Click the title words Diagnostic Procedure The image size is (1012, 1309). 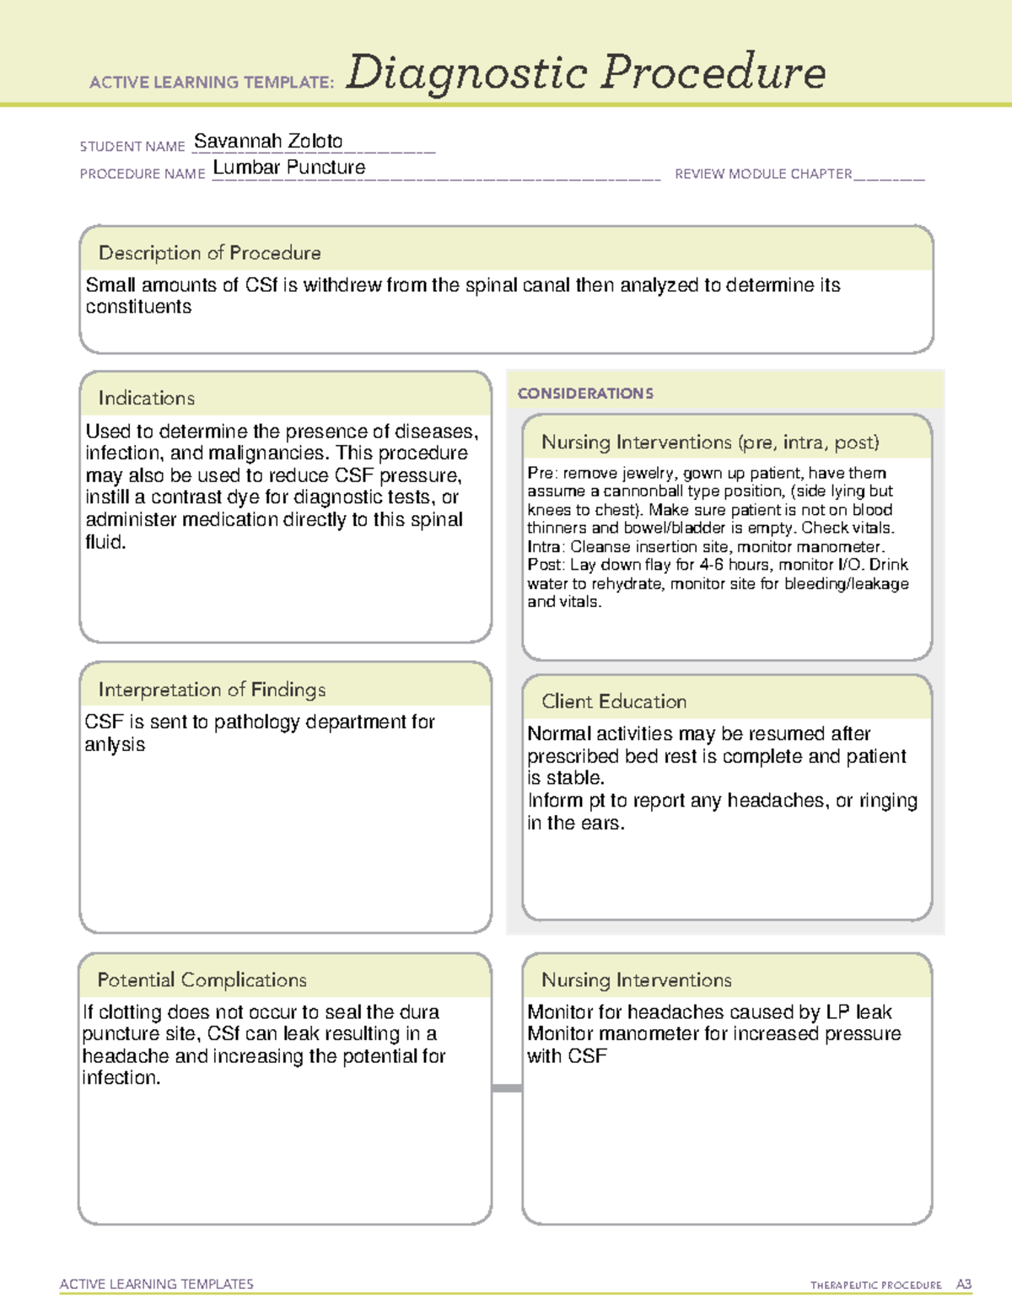click(x=585, y=73)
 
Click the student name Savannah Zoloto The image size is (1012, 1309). click(x=268, y=142)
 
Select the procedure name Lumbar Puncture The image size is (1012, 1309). click(x=288, y=168)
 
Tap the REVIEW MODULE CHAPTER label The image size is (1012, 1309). click(x=763, y=174)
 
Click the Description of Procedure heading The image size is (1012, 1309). click(x=209, y=253)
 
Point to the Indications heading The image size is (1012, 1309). click(x=146, y=398)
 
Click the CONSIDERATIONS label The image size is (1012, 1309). click(x=585, y=394)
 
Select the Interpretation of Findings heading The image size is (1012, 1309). click(x=212, y=689)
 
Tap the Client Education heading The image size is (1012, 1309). click(x=614, y=701)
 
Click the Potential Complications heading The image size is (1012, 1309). click(x=202, y=979)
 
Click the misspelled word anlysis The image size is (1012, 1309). click(x=115, y=745)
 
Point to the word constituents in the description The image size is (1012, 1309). click(x=138, y=308)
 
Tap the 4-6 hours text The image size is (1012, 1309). click(x=730, y=565)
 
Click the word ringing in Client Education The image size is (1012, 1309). click(x=888, y=801)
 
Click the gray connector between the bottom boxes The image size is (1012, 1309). click(x=507, y=1088)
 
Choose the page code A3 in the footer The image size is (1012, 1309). click(x=963, y=1285)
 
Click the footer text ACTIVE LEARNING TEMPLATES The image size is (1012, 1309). click(x=156, y=1284)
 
